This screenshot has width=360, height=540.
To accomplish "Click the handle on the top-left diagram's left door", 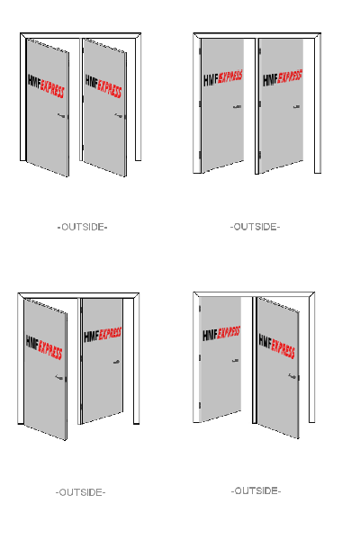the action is click(61, 116).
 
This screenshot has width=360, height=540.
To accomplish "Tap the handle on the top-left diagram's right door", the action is click(119, 116).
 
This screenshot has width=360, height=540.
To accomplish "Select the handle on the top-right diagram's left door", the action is click(237, 107).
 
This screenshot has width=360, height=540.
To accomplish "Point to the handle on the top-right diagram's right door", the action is click(297, 107).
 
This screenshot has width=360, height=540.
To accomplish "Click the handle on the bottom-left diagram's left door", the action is click(59, 377).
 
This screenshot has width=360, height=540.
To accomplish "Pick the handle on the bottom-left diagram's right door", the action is click(116, 362).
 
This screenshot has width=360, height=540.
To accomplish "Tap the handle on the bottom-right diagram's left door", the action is click(236, 361).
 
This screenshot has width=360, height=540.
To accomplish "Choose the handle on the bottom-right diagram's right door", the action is click(292, 376).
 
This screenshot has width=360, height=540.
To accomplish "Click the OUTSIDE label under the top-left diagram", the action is click(82, 227).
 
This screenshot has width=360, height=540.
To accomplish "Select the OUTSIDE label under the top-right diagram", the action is click(255, 227).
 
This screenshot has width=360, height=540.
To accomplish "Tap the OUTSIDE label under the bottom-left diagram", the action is click(81, 492).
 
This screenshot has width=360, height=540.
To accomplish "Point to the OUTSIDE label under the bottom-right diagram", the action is click(256, 490).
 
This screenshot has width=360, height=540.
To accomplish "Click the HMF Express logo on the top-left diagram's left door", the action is click(46, 86).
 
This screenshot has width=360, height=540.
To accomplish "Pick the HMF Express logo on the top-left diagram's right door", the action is click(103, 86).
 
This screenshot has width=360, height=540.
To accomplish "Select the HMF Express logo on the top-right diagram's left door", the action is click(223, 78).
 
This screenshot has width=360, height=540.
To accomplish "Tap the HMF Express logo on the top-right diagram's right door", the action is click(283, 78).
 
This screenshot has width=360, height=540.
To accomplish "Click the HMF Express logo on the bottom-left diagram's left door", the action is click(44, 347).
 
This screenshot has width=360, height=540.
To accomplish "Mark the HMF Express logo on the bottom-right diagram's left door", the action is click(221, 334).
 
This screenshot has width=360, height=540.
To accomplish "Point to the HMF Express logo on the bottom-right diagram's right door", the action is click(277, 346).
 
